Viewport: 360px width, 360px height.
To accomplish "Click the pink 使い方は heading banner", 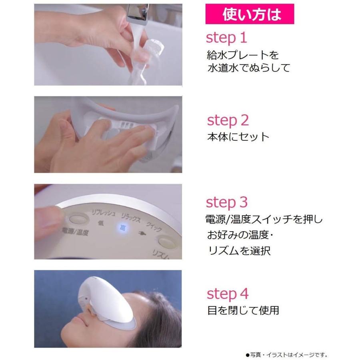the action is click(250, 14).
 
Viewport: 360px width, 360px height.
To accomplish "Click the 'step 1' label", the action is click(226, 38).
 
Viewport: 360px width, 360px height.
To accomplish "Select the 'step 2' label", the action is click(228, 120).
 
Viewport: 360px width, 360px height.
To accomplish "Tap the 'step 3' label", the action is click(227, 202).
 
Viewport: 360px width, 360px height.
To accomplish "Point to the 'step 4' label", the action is click(228, 294).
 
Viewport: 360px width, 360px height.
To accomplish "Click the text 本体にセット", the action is click(238, 137).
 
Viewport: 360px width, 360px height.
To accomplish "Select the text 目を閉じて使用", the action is click(243, 310).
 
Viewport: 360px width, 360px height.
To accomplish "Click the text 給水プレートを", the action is click(243, 55).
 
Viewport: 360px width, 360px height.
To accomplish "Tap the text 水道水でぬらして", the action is click(249, 68).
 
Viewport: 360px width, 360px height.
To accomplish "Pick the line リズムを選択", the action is click(239, 250).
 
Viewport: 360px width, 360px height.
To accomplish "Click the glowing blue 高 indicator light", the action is click(123, 228).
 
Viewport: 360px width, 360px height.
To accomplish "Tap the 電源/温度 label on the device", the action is click(75, 232).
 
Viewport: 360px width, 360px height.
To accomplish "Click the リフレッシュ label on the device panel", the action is click(103, 213).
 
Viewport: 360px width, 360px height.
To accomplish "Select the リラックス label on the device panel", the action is click(130, 218).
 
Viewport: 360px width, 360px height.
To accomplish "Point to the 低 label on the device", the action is click(100, 223).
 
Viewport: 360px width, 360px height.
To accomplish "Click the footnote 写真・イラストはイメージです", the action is click(286, 355).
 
